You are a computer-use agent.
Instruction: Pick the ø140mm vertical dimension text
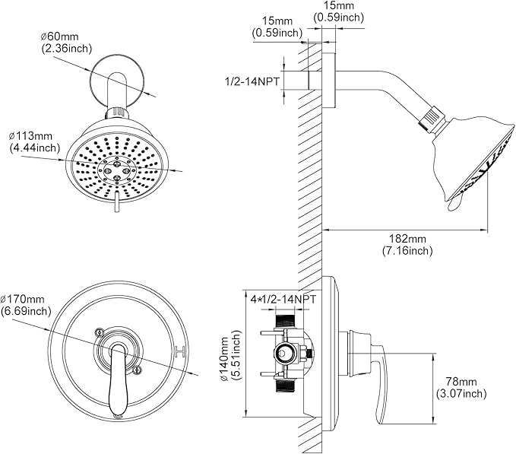pos(225,354)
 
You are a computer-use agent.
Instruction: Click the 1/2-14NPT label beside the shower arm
pos(252,81)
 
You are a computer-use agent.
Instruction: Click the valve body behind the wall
pos(287,352)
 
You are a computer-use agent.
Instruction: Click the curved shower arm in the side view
pos(380,94)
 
